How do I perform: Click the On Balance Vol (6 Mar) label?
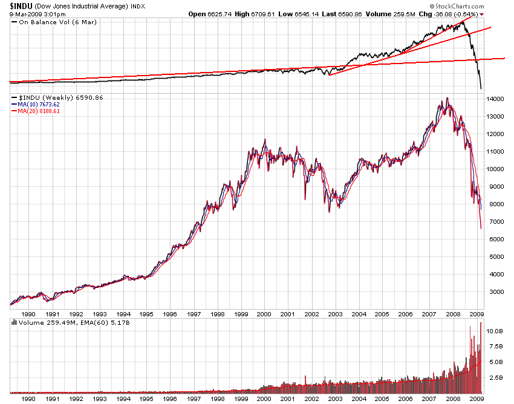coord(50,22)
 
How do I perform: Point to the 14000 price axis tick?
coord(495,99)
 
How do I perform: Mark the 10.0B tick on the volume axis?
coord(495,331)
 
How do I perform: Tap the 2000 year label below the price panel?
coord(264,314)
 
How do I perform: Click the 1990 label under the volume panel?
coord(28,399)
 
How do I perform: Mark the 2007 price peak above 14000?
coord(447,98)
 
